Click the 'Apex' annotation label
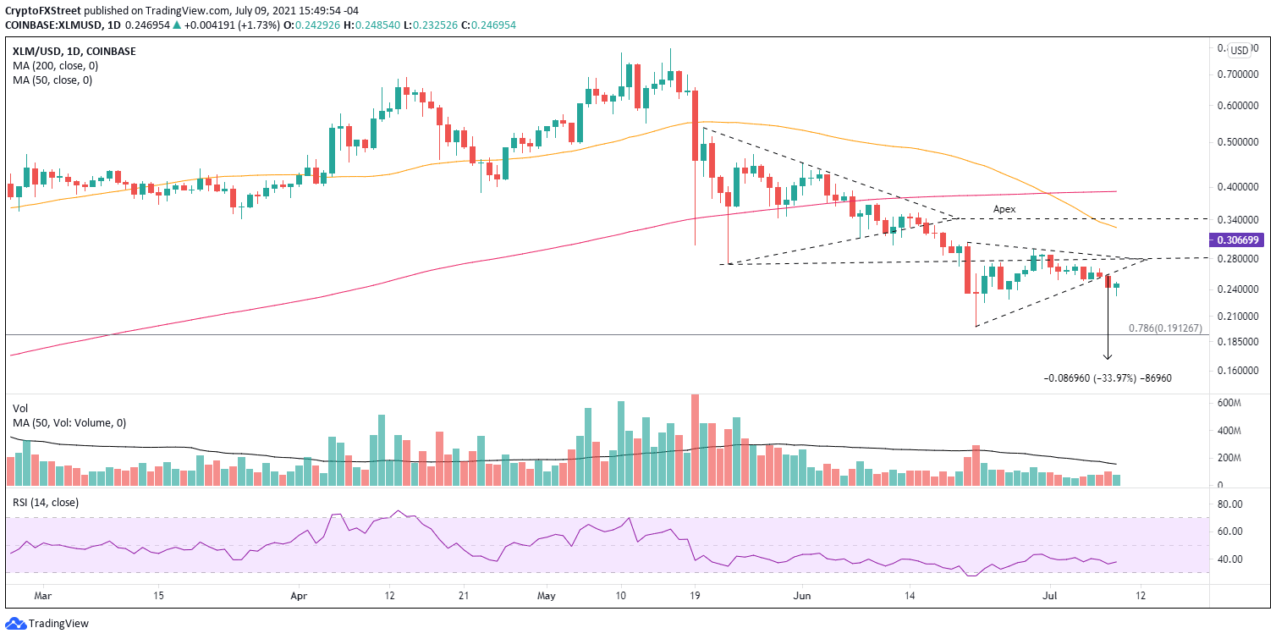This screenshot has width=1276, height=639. (1004, 208)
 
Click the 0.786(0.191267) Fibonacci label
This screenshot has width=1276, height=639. (1165, 328)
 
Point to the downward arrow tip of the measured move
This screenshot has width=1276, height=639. (1108, 359)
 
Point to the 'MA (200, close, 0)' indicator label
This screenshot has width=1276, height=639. (52, 66)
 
